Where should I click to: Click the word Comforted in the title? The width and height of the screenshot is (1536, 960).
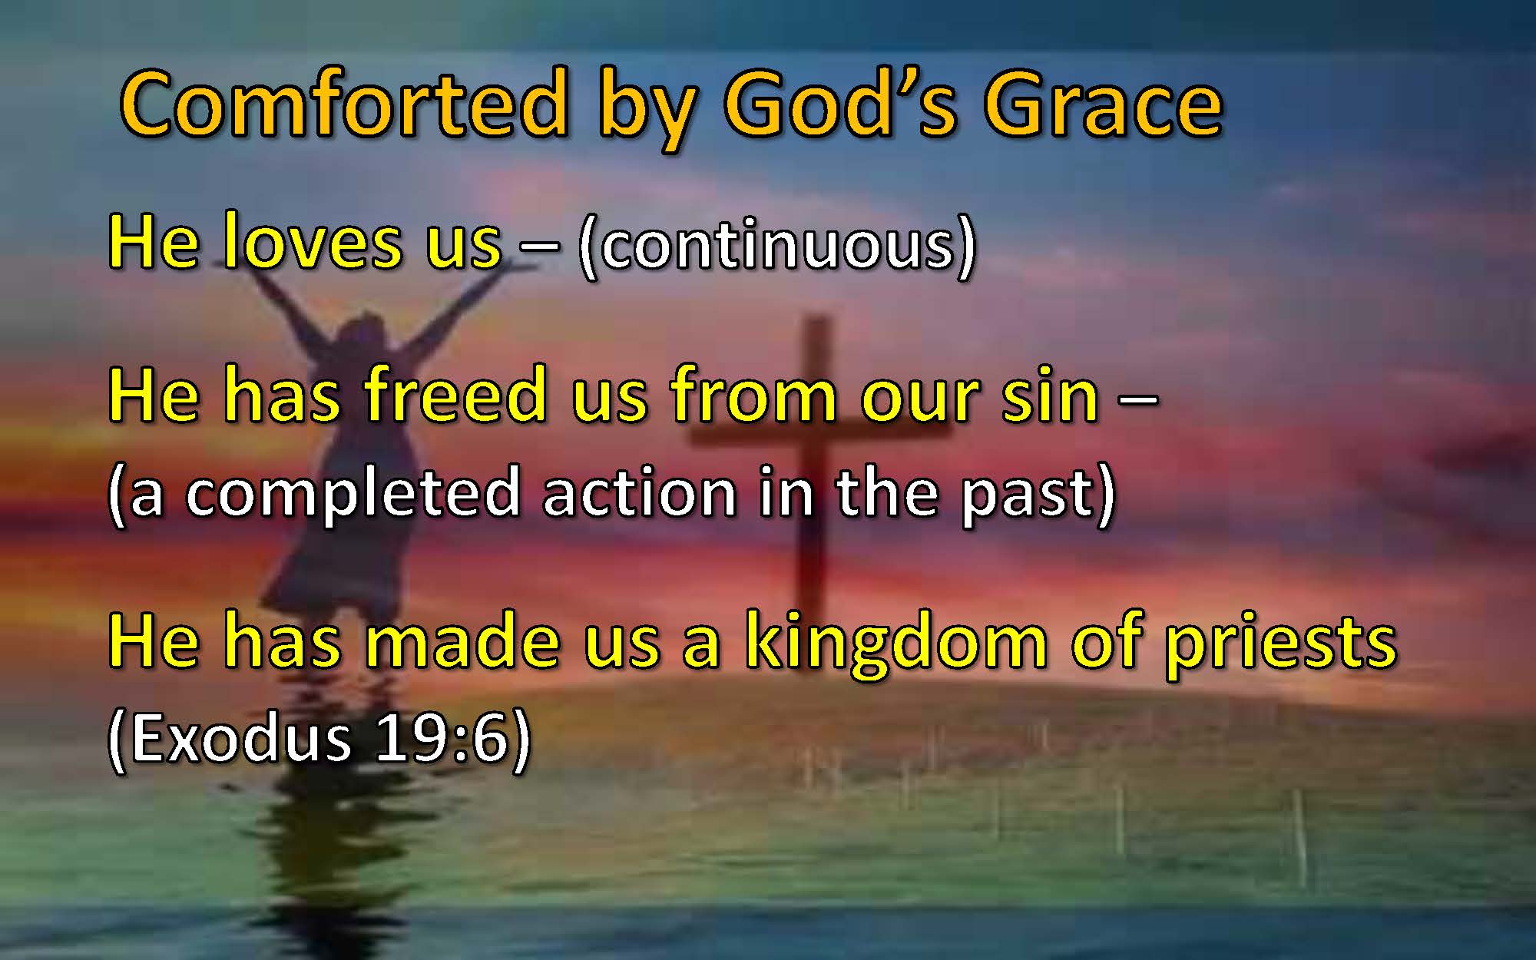click(344, 104)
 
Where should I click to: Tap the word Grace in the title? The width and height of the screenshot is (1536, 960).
click(1104, 104)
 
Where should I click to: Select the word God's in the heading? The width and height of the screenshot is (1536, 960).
click(839, 104)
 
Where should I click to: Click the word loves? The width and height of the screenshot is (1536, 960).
click(313, 241)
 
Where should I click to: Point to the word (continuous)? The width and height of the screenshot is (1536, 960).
click(777, 244)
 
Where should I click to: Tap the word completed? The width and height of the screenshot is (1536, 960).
click(353, 494)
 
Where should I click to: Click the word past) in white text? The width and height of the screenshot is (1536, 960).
click(1038, 495)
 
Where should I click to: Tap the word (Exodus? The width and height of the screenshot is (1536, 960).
click(230, 738)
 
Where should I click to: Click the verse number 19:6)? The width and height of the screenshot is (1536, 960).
click(453, 738)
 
